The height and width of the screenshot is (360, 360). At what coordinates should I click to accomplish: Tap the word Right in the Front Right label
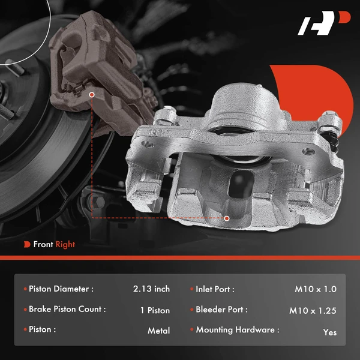[65, 244]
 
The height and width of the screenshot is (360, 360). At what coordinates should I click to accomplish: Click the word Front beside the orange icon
[43, 244]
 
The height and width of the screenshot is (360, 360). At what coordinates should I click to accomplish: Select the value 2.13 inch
[151, 289]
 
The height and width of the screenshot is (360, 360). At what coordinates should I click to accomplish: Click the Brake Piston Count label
[67, 310]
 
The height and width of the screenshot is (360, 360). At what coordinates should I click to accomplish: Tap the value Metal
[158, 331]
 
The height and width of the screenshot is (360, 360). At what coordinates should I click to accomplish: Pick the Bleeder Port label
[221, 310]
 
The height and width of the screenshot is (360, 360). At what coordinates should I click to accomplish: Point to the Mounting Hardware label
[237, 330]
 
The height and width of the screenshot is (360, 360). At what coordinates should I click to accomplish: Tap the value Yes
[329, 332]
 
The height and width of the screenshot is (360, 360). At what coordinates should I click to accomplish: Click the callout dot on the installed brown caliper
[91, 94]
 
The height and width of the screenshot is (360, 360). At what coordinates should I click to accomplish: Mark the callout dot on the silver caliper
[227, 218]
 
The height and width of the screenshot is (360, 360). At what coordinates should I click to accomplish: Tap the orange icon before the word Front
[28, 244]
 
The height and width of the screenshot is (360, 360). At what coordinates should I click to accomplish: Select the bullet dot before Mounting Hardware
[191, 330]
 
